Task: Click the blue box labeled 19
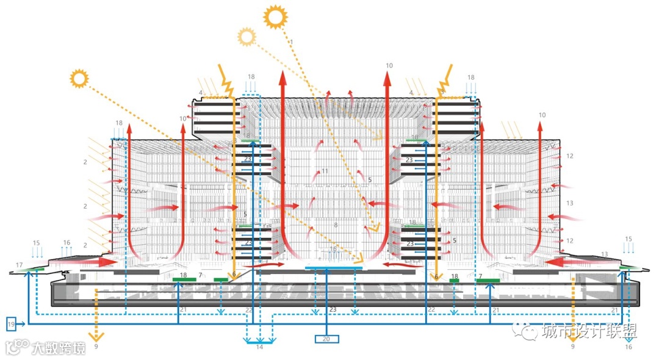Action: pos(12,324)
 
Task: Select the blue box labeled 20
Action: pos(326,339)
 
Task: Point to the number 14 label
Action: pos(260,347)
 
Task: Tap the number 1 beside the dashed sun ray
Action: pos(292,42)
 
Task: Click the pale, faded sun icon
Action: pos(247,37)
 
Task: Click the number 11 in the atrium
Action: pos(325,171)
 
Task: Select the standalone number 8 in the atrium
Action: pos(336,226)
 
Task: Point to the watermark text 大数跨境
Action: pos(59,348)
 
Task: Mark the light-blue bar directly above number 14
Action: pos(260,342)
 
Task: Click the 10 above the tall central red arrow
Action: pos(389,65)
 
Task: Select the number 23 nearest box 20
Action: pos(333,310)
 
